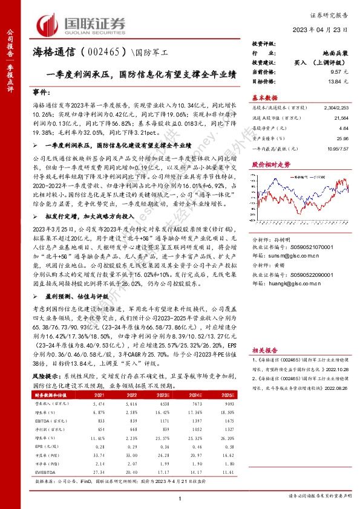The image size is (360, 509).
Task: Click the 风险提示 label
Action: [x=45, y=375]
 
